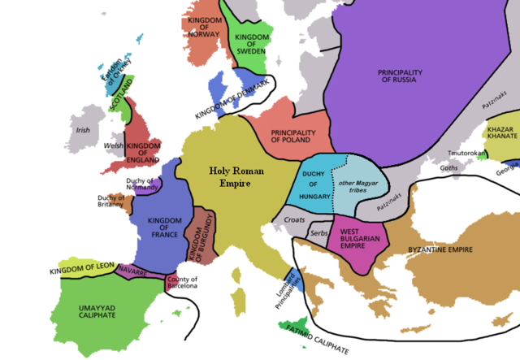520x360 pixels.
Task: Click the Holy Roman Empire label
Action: point(217,177)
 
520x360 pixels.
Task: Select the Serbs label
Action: point(318,233)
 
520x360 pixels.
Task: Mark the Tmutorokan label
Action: point(454,154)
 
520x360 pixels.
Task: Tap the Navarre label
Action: point(132,267)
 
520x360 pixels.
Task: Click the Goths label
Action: point(449,167)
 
